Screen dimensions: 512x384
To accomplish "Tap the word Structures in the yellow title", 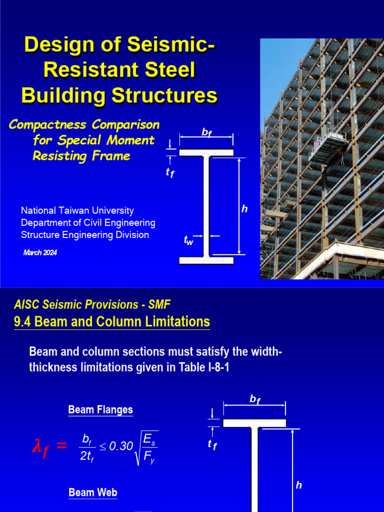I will coord(164,95).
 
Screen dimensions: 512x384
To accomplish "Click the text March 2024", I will coord(40,252).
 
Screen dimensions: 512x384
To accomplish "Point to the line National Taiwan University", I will coord(77,211).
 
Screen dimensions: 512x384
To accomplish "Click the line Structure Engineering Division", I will coord(85,235).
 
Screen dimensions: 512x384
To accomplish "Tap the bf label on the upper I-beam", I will coord(206,132).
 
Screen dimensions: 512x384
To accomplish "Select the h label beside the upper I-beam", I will coord(244,209).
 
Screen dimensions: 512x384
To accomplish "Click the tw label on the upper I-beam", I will coord(188,241).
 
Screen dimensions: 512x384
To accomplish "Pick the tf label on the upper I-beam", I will coord(170,173).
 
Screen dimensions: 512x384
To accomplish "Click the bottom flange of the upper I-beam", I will coord(206,260).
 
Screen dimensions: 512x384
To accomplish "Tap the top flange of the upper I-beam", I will coord(206,152).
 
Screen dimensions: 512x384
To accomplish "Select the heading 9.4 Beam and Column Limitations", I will coord(111,321).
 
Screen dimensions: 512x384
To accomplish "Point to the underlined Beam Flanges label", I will coord(100,410).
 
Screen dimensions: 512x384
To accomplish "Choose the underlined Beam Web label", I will coord(93,492).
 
